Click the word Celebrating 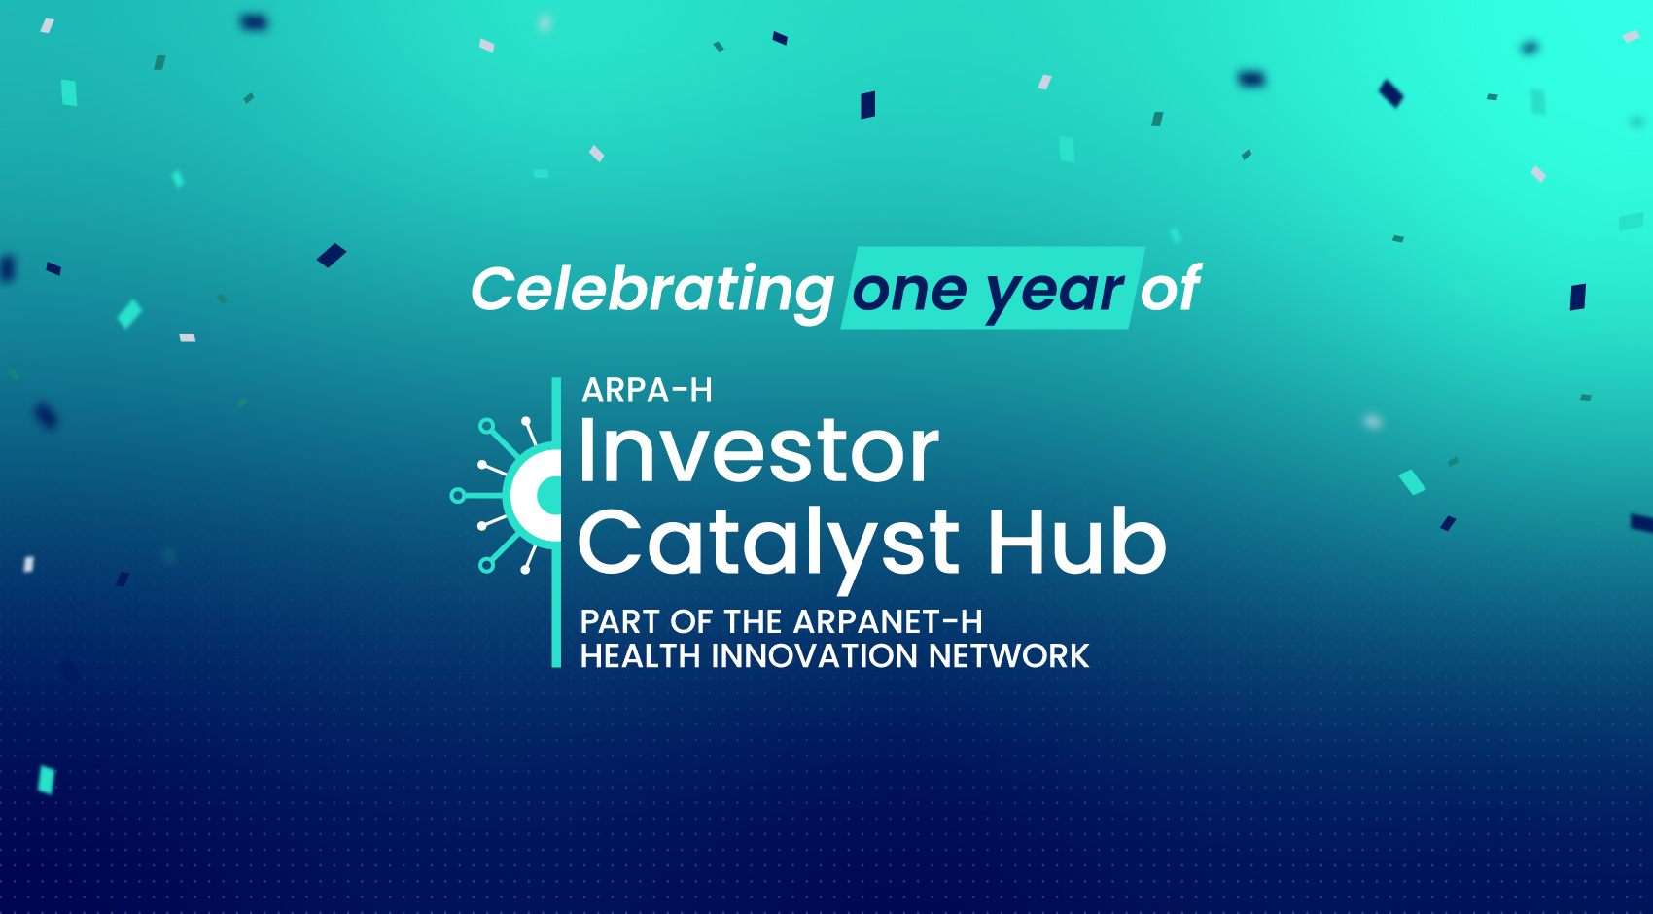click(x=651, y=290)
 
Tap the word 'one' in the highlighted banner click(x=909, y=291)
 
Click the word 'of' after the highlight click(x=1170, y=289)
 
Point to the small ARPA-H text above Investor click(x=647, y=391)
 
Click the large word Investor click(x=758, y=451)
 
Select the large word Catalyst click(x=768, y=543)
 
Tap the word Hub click(x=1076, y=543)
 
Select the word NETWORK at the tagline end click(x=1008, y=656)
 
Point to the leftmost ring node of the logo click(x=457, y=496)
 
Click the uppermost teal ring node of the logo click(x=487, y=426)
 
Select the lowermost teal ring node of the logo click(x=487, y=565)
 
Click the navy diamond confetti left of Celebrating click(x=332, y=255)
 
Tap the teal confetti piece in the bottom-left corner click(x=46, y=779)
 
